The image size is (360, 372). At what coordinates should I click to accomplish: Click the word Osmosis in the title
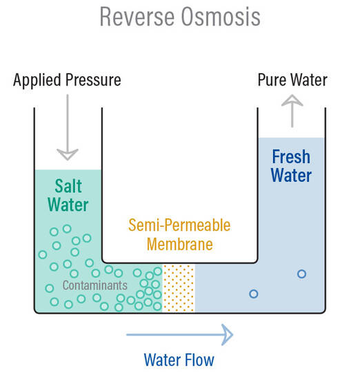point(221,16)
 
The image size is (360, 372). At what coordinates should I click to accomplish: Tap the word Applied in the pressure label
point(37,80)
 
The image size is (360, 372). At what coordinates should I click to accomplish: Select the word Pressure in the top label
point(92,80)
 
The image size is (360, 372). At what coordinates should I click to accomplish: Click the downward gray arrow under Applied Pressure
point(68,128)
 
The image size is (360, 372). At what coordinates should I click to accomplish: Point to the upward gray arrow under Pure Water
point(292,110)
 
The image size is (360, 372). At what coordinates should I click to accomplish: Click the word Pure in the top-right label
point(272,80)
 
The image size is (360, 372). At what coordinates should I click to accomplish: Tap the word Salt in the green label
point(68,186)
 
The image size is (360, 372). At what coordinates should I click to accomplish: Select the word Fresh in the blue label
point(290,156)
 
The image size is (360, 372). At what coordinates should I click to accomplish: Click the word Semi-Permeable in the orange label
point(179,225)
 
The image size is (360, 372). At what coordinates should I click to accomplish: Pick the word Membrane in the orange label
point(179,244)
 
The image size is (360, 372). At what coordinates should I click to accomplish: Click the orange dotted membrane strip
point(179,287)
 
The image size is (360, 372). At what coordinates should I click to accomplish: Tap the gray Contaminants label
point(94,285)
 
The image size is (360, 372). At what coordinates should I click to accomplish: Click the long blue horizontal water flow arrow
point(179,335)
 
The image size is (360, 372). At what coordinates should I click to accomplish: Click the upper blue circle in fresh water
point(301,273)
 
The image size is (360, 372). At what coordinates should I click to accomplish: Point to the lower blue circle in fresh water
point(253,294)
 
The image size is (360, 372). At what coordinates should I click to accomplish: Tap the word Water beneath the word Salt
point(68,205)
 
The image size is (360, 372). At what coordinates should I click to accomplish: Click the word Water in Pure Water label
point(308,80)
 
